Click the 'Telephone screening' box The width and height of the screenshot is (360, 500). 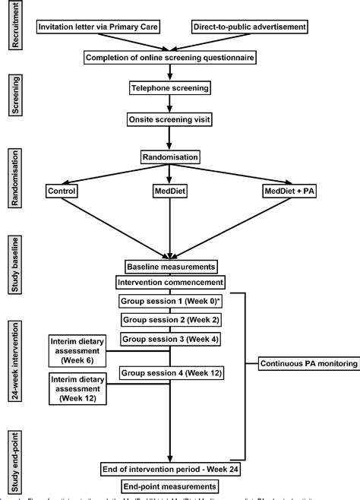coord(170,89)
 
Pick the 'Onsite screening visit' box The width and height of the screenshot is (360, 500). coord(170,119)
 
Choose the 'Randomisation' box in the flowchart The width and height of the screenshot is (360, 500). coord(170,157)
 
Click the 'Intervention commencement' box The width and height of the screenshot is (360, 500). coord(170,283)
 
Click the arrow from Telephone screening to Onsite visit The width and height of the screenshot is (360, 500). coord(170,104)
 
